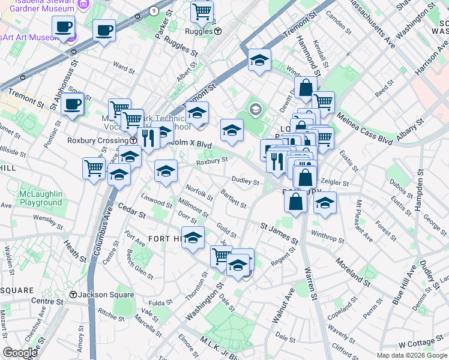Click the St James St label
(279, 233)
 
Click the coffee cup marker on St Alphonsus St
(73, 104)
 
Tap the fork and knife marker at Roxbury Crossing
(148, 139)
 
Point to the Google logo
(20, 352)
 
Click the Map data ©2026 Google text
(411, 355)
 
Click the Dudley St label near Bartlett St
(246, 182)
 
